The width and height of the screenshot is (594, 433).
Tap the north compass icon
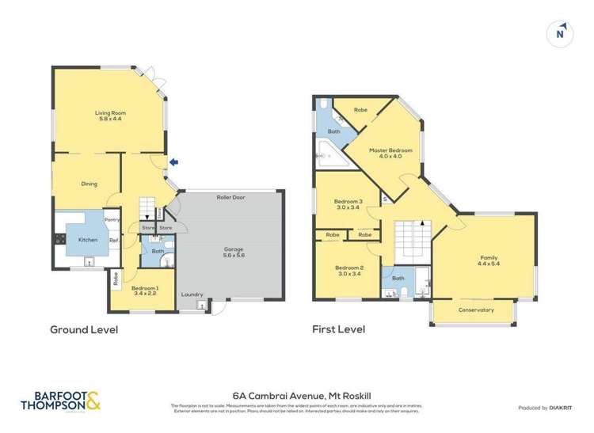[561, 33]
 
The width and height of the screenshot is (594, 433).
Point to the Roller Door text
[230, 197]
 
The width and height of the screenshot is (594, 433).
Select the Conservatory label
[476, 310]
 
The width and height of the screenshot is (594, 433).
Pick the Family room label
[489, 261]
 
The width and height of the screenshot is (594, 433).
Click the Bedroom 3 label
[348, 204]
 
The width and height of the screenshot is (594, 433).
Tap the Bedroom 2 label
[348, 271]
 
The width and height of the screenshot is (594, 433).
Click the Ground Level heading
[84, 329]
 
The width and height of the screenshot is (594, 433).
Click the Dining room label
[89, 184]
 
